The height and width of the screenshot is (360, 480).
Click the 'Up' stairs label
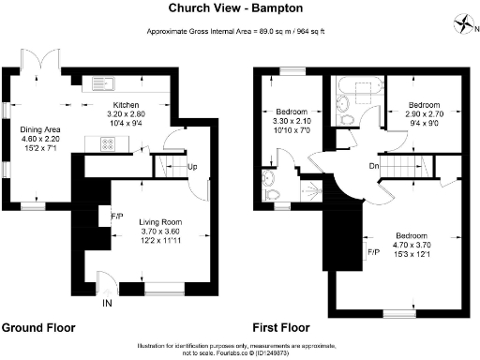pyautogui.click(x=192, y=167)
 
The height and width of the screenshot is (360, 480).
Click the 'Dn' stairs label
pyautogui.click(x=373, y=165)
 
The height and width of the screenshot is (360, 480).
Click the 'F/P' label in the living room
pyautogui.click(x=116, y=215)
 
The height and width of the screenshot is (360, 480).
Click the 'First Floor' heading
pyautogui.click(x=281, y=329)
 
